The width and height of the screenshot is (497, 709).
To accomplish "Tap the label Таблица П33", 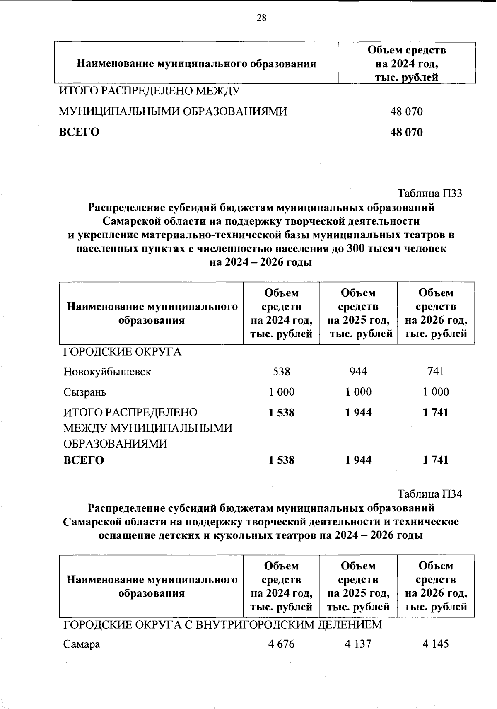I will (429, 194).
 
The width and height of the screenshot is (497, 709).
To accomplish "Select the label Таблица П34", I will (429, 494).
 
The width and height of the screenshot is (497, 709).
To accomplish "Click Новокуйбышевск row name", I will (107, 372).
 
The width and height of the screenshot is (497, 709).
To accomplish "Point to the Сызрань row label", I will (84, 392).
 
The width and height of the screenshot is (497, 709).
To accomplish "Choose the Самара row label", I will (82, 644).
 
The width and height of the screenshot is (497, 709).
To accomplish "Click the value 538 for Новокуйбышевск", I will (282, 371).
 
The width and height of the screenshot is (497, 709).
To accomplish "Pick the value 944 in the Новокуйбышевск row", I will (358, 371).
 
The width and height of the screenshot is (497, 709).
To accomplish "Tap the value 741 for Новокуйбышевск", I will (436, 371).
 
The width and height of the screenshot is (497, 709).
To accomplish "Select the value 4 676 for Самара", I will (281, 644).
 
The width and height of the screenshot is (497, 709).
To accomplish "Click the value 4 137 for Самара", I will (358, 644).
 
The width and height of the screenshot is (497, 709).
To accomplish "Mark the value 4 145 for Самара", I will (436, 644).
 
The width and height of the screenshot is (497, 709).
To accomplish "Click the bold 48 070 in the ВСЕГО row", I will (406, 132).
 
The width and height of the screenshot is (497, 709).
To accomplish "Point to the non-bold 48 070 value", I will (406, 111).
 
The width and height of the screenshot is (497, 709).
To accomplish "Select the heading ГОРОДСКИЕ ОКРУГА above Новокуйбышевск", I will (122, 352).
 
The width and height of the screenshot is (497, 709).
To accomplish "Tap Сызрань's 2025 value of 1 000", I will (358, 392).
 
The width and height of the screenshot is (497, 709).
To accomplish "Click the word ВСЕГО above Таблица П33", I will (79, 132).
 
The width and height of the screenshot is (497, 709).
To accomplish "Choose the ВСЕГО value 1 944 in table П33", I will (358, 460).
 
